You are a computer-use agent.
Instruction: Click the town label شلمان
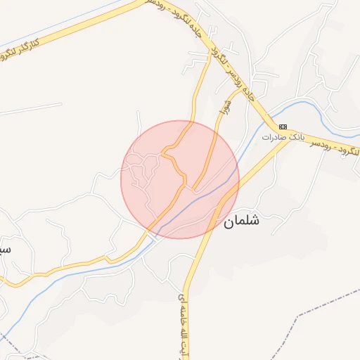tap(242, 221)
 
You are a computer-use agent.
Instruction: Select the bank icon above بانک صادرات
tap(283, 127)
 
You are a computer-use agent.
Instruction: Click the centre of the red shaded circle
tap(180, 180)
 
